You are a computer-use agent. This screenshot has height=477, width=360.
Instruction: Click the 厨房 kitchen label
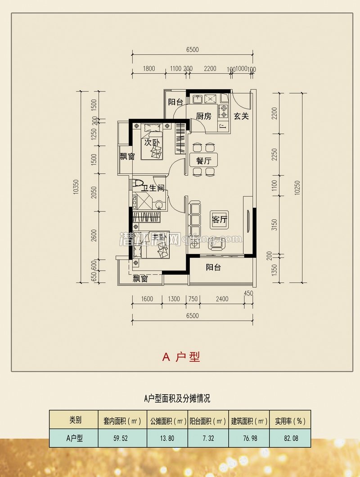click(204, 116)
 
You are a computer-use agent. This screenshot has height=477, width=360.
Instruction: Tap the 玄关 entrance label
click(241, 116)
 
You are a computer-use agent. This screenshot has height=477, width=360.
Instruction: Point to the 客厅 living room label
click(220, 220)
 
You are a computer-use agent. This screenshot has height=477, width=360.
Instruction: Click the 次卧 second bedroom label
click(152, 143)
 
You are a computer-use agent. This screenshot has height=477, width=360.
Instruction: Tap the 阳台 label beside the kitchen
click(175, 102)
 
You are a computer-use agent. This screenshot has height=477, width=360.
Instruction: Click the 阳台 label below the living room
click(213, 267)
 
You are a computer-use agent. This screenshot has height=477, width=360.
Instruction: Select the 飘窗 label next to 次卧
click(127, 157)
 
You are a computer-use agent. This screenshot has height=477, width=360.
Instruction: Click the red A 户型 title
click(181, 357)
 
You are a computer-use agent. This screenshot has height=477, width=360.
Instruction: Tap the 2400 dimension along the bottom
click(221, 299)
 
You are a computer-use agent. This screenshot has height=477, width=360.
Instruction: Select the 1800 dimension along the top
click(148, 69)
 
